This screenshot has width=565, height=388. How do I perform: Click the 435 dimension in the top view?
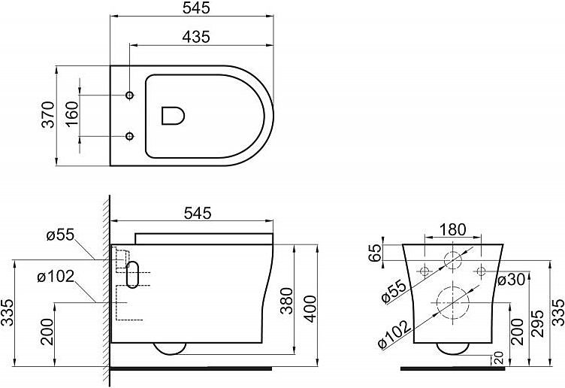pyautogui.click(x=195, y=36)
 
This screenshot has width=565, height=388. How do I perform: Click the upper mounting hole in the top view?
pyautogui.click(x=129, y=95)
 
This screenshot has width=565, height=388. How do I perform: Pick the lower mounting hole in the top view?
pyautogui.click(x=129, y=136)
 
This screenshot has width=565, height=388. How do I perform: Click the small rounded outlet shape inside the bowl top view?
pyautogui.click(x=174, y=115)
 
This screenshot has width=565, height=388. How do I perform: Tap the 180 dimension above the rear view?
pyautogui.click(x=453, y=229)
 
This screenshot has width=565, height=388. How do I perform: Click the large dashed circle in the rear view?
pyautogui.click(x=452, y=302)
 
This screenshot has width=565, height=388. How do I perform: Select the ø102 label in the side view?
pyautogui.click(x=55, y=276)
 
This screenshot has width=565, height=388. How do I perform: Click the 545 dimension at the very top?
pyautogui.click(x=195, y=8)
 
